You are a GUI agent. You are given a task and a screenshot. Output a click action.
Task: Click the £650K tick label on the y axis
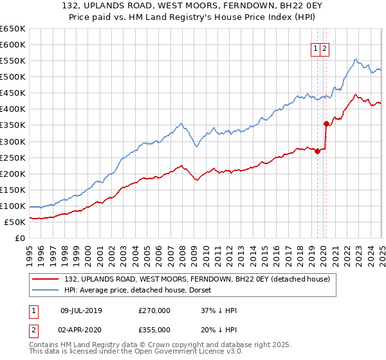(x=13, y=29)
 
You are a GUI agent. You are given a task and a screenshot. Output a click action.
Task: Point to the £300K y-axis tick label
(x=13, y=141)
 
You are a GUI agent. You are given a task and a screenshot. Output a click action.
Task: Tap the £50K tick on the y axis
(x=15, y=222)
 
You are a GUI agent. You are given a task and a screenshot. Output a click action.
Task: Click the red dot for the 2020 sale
(x=326, y=123)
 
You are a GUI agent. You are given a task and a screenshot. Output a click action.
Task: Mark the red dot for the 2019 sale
(x=318, y=151)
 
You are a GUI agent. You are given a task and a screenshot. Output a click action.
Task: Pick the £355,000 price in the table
(x=154, y=329)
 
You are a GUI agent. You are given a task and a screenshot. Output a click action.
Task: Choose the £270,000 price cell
(x=154, y=310)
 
